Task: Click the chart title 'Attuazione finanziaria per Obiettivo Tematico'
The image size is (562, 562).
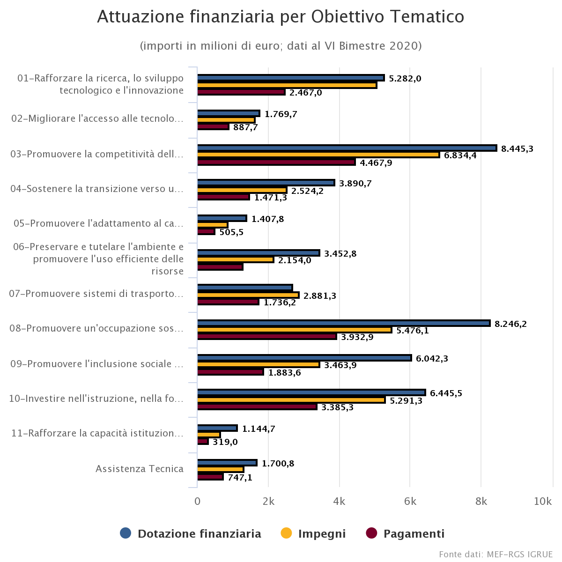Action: click(281, 17)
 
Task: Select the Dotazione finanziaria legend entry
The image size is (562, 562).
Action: click(191, 533)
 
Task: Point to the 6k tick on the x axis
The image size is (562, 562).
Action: click(410, 501)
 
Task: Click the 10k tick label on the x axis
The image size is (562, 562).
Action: click(542, 501)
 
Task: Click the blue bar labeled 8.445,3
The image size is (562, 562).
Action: click(347, 148)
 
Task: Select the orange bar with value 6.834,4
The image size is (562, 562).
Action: click(318, 155)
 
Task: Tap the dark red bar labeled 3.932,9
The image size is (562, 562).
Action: click(267, 336)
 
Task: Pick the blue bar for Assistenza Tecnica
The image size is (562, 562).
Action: click(227, 463)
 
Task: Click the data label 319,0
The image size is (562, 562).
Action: click(225, 442)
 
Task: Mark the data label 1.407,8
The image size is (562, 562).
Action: click(267, 219)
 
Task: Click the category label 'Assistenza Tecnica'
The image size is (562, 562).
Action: click(140, 469)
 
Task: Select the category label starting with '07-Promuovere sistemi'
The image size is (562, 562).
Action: click(96, 294)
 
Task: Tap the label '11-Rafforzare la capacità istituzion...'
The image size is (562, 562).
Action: click(97, 433)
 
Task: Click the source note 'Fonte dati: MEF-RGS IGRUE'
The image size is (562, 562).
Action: click(495, 554)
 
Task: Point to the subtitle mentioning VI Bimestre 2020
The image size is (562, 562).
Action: click(281, 46)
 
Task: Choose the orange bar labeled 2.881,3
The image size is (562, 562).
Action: click(248, 295)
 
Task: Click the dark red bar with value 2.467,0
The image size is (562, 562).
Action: click(241, 92)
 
